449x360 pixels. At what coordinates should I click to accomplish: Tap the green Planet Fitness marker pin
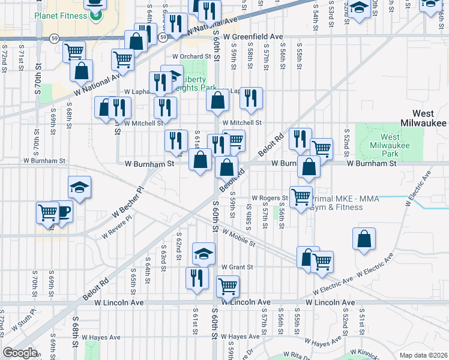[x=95, y=16]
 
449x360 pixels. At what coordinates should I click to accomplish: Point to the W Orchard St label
[x=193, y=57]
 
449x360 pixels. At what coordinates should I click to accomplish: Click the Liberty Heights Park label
[x=199, y=83]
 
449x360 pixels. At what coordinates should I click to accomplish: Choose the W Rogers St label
[x=270, y=197]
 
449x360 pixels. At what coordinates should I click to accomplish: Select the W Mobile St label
[x=238, y=238]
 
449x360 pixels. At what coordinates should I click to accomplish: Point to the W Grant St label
[x=237, y=267]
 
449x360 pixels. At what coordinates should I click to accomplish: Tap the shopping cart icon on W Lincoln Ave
[x=228, y=287]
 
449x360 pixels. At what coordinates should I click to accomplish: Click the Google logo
[x=20, y=353]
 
